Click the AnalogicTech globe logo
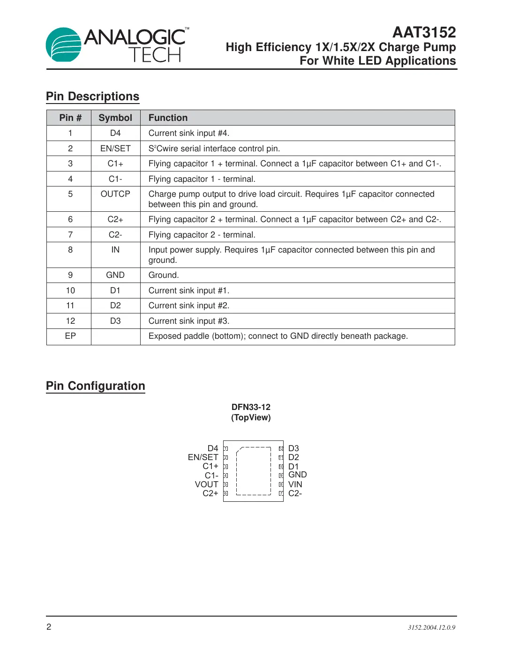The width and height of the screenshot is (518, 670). tap(63, 45)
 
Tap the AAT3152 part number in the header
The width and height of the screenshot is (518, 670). tap(424, 32)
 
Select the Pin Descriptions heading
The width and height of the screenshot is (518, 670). tap(92, 97)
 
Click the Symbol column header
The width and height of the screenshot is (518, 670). tap(115, 118)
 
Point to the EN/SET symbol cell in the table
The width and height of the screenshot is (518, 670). tap(115, 149)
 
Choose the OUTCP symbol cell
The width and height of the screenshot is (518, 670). tap(115, 194)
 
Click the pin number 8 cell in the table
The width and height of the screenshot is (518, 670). tap(70, 250)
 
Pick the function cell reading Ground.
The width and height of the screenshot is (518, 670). tap(164, 275)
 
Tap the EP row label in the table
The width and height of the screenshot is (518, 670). tap(70, 336)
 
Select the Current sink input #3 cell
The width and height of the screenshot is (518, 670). tap(189, 321)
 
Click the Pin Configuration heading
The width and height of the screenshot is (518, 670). tap(96, 386)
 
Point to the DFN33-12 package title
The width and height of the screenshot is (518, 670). tap(251, 407)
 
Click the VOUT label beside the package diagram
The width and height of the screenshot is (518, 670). tap(207, 484)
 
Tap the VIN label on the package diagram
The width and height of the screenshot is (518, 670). tap(295, 484)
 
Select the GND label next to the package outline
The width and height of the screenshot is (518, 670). tap(297, 475)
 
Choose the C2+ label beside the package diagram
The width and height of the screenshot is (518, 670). tap(210, 493)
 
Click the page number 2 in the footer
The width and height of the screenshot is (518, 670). tap(49, 627)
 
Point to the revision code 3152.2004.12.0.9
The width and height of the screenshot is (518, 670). tap(431, 628)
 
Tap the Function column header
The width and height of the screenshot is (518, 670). tap(168, 118)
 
